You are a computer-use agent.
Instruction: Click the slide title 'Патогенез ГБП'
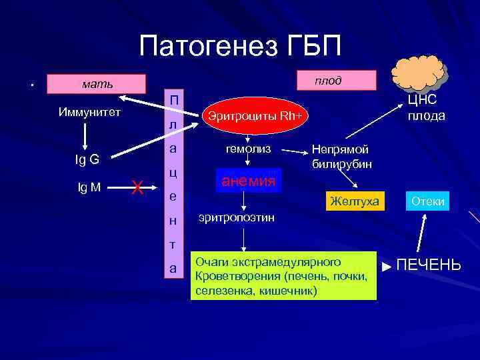[x=240, y=46]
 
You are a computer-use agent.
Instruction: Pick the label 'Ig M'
[x=89, y=187]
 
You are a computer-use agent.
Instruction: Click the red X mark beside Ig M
[x=137, y=189]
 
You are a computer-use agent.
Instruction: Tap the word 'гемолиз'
[x=248, y=149]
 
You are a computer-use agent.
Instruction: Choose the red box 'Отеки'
[x=427, y=201]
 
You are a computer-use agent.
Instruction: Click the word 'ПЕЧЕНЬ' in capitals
[x=428, y=265]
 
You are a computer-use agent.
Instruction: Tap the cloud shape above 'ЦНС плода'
[x=417, y=71]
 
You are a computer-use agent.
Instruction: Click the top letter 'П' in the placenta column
[x=173, y=99]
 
